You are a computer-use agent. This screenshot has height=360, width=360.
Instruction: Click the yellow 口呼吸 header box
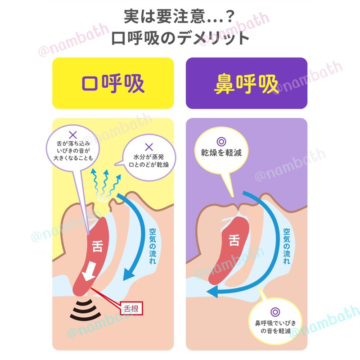pos(113,83)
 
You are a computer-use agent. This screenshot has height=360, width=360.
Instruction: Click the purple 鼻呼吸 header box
pos(246,83)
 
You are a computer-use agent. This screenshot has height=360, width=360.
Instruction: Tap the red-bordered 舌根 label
pos(131,309)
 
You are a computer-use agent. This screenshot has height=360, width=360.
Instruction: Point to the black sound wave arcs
pos(85,310)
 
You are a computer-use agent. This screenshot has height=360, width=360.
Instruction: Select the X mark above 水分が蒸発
pos(149,147)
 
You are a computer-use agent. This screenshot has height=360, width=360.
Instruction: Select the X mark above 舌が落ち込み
pos(73,135)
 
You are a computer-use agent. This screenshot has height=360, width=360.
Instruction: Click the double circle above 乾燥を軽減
pos(221,142)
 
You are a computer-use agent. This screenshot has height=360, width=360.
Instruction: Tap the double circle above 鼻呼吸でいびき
pos(275,312)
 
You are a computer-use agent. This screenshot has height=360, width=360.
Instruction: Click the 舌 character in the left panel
pos(97,246)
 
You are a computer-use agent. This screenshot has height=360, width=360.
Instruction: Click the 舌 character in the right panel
pos(234,240)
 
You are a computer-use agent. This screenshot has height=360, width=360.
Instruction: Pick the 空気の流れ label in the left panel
pos(153,246)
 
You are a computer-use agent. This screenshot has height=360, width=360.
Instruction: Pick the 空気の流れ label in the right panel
pos(287,246)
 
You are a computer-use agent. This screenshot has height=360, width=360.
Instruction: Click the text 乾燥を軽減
pos(221,153)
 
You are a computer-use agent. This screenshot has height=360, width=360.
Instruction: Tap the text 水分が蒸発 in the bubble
pos(149,157)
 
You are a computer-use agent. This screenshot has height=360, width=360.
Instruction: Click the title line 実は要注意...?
pos(179,17)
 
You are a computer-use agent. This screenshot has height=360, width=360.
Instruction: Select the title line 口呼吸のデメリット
pos(180,38)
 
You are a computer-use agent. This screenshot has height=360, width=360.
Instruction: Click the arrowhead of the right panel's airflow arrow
pos(212,292)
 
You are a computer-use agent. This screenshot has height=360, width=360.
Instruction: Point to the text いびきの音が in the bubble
pos(73,151)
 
